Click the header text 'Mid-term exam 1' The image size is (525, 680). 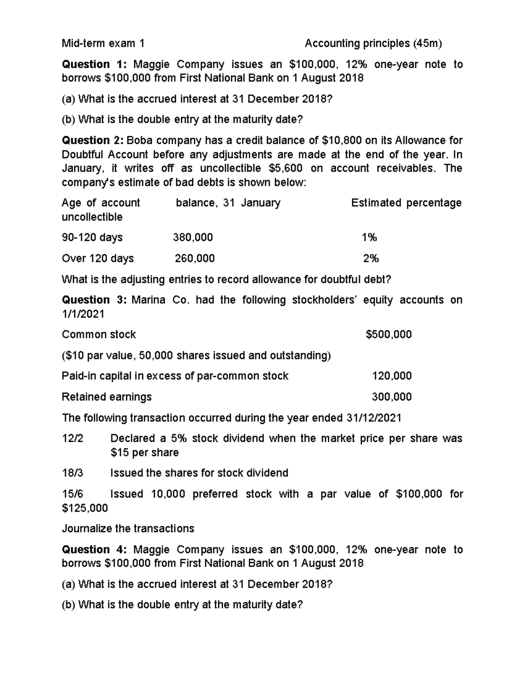tap(103, 43)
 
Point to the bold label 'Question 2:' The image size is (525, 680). tap(93, 141)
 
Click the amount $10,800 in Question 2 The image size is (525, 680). tap(336, 141)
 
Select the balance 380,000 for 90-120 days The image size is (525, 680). tap(193, 237)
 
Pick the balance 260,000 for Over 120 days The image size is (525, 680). tap(195, 258)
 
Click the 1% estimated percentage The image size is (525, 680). tap(369, 237)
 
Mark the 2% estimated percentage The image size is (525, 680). tap(371, 258)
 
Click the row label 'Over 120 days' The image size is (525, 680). tap(98, 258)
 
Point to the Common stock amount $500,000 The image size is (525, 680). tap(388, 335)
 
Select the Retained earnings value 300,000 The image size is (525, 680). tap(392, 397)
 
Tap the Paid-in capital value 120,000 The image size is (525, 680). tap(392, 376)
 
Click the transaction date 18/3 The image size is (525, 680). tap(72, 473)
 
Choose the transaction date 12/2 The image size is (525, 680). tap(72, 438)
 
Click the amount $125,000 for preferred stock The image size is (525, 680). tap(85, 508)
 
